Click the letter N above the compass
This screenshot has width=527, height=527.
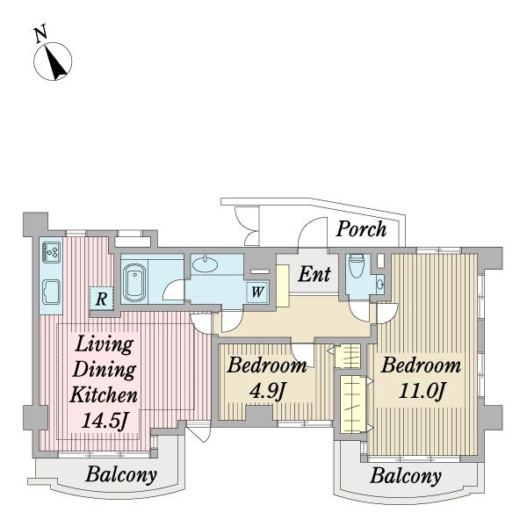40,34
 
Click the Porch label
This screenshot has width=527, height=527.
361,230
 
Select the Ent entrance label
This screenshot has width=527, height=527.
314,274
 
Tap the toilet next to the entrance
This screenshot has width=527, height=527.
357,266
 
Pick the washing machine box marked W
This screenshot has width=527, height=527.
257,292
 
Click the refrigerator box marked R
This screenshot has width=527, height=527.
101,298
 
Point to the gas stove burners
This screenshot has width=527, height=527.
52,252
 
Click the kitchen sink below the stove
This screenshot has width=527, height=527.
52,292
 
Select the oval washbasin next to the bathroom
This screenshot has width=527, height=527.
205,264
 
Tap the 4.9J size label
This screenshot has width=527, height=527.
267,391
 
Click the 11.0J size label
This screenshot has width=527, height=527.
422,391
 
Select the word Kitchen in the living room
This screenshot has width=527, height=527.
104,394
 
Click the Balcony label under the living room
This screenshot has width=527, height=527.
121,475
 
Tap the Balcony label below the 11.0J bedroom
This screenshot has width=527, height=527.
406,477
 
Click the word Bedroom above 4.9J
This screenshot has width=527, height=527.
267,365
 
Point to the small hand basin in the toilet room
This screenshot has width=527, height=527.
380,285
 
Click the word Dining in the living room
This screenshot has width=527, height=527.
105,370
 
